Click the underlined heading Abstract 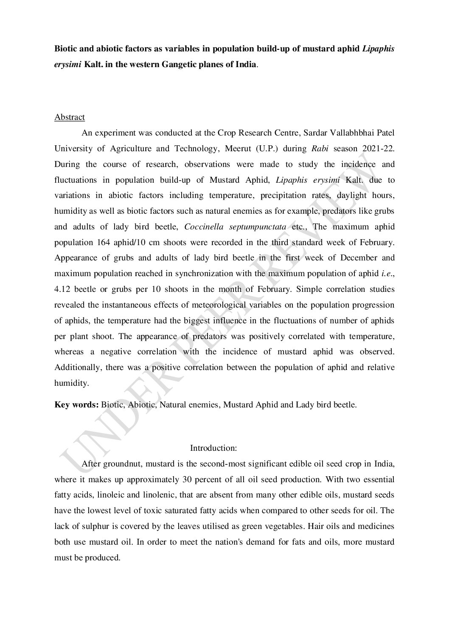pyautogui.click(x=70, y=117)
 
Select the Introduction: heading pyautogui.click(x=213, y=448)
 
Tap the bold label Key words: pyautogui.click(x=76, y=404)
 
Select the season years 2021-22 pyautogui.click(x=379, y=149)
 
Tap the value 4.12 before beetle pyautogui.click(x=62, y=289)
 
